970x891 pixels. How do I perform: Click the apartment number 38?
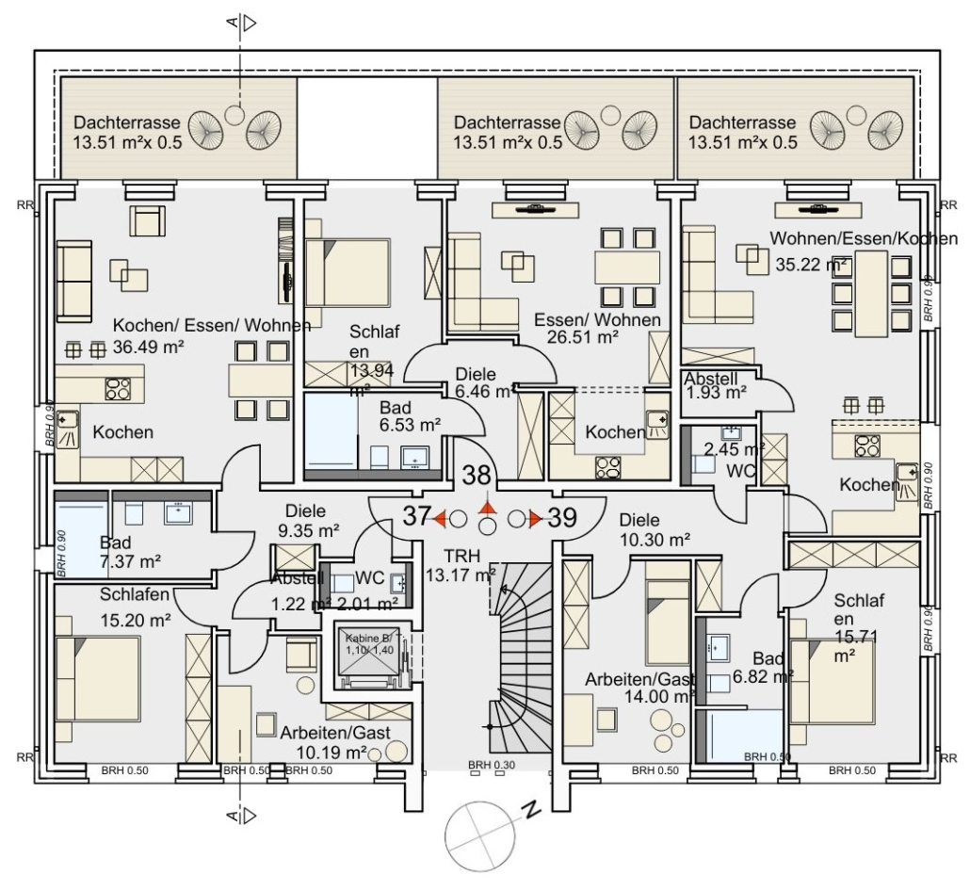tap(477, 477)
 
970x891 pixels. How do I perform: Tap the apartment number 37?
tap(417, 516)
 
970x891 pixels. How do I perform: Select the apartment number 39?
tap(561, 517)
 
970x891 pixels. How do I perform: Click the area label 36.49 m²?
tap(147, 347)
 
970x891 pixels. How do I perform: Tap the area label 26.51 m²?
tap(583, 337)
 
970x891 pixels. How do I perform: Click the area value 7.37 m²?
tap(130, 561)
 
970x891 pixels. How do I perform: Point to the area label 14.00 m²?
tap(659, 696)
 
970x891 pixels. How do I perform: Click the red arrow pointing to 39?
tap(535, 518)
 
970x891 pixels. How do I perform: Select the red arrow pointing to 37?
tap(439, 517)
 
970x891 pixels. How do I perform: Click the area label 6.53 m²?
tap(411, 426)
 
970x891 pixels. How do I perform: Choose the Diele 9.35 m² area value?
tap(308, 529)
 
